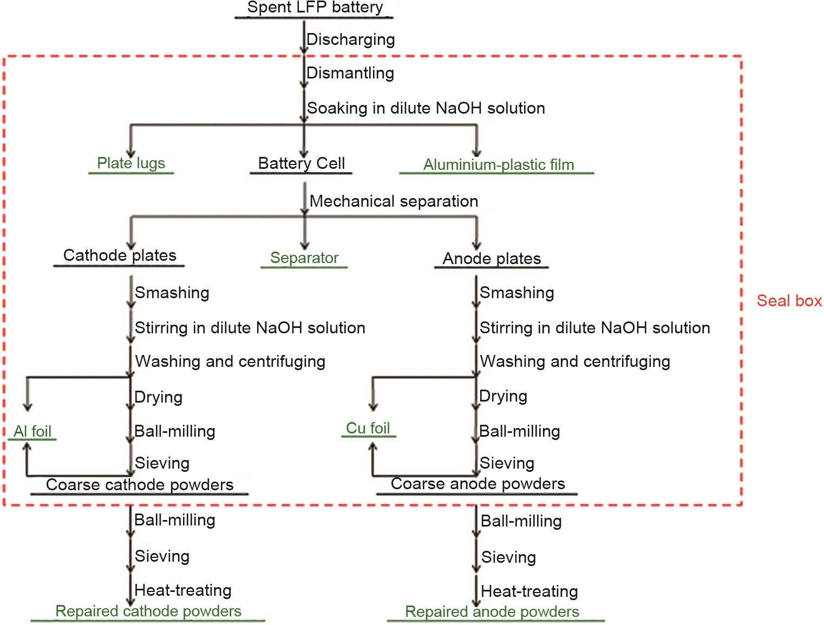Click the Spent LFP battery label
(315, 8)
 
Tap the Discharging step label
(350, 40)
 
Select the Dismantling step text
(350, 73)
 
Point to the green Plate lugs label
(131, 163)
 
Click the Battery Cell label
(301, 163)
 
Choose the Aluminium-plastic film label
(498, 165)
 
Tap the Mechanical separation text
(394, 201)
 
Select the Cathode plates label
(120, 255)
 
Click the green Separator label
(304, 258)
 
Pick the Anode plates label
(492, 259)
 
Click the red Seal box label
(789, 301)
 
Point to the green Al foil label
(32, 431)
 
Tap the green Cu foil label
(368, 428)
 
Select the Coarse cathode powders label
(140, 485)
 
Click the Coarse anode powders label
(478, 484)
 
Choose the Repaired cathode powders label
(148, 611)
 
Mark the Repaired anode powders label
(492, 612)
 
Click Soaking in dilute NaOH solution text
(426, 108)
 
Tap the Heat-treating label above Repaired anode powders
(529, 591)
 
